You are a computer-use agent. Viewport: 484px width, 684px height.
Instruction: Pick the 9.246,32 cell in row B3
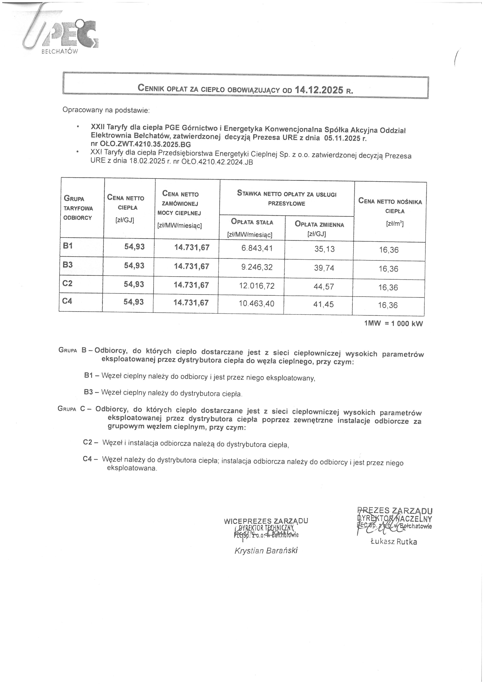click(257, 267)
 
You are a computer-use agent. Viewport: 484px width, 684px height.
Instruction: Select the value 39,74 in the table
click(324, 268)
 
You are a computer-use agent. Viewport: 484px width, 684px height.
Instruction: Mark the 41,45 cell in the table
click(324, 304)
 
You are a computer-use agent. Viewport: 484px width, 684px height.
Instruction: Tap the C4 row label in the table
click(67, 301)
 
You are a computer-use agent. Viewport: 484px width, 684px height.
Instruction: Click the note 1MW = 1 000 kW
click(393, 324)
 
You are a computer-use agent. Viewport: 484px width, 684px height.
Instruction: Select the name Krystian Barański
click(266, 551)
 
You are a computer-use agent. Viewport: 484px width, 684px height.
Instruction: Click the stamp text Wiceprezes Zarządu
click(266, 521)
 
